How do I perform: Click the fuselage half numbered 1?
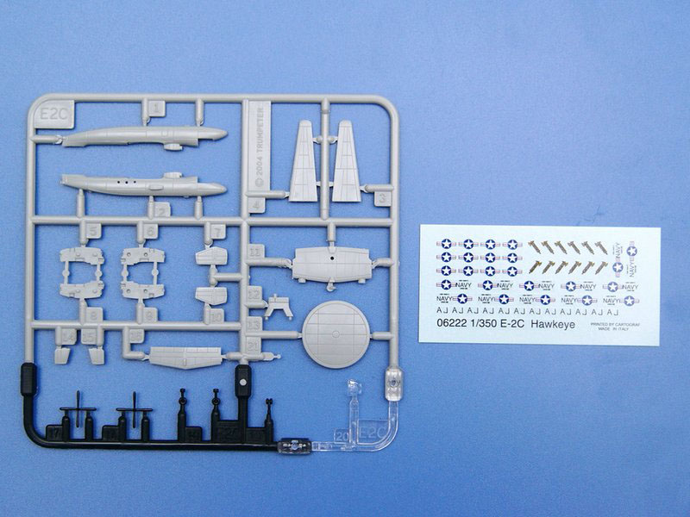click(143, 136)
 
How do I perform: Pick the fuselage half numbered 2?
click(142, 185)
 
